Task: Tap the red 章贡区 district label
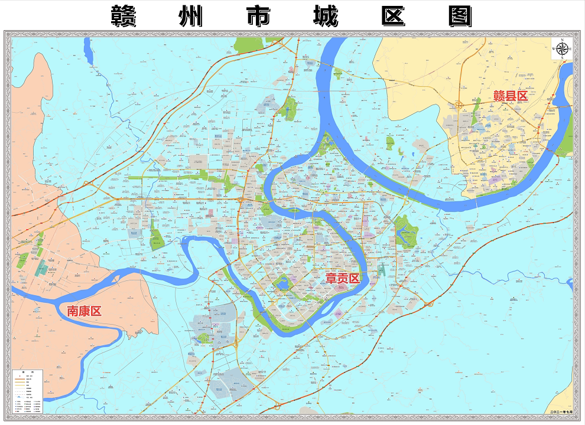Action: (x=343, y=278)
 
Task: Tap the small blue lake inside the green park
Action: (x=282, y=284)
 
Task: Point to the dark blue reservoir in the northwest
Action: (x=88, y=51)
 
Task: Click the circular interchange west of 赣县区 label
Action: (x=459, y=105)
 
